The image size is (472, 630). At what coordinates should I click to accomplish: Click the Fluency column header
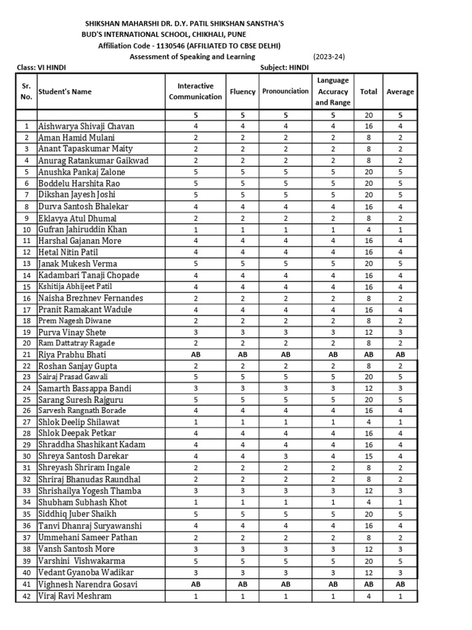[x=242, y=92]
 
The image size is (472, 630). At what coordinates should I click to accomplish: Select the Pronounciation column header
[x=285, y=92]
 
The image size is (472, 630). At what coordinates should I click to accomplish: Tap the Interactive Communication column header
[x=195, y=92]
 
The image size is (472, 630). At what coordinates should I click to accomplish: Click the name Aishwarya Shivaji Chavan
[x=86, y=126]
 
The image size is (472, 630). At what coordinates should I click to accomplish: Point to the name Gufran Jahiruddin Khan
[x=83, y=229]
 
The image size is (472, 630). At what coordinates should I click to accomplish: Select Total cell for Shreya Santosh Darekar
[x=368, y=457]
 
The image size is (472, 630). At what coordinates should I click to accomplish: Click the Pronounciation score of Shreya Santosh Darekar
[x=285, y=457]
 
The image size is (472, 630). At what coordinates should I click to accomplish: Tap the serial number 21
[x=26, y=355]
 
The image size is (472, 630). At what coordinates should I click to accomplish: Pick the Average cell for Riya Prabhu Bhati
[x=400, y=355]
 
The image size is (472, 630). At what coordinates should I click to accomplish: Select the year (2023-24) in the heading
[x=329, y=57]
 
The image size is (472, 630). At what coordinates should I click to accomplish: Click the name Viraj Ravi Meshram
[x=76, y=596]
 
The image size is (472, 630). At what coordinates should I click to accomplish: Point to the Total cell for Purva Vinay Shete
[x=368, y=332]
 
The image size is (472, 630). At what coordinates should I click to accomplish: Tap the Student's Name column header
[x=65, y=92]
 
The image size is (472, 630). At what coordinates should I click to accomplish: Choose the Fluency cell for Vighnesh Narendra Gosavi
[x=242, y=584]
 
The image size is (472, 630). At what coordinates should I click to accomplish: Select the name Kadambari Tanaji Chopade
[x=88, y=275]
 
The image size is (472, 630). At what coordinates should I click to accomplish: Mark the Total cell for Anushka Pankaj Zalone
[x=368, y=172]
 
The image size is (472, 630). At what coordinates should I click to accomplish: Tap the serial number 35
[x=26, y=514]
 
